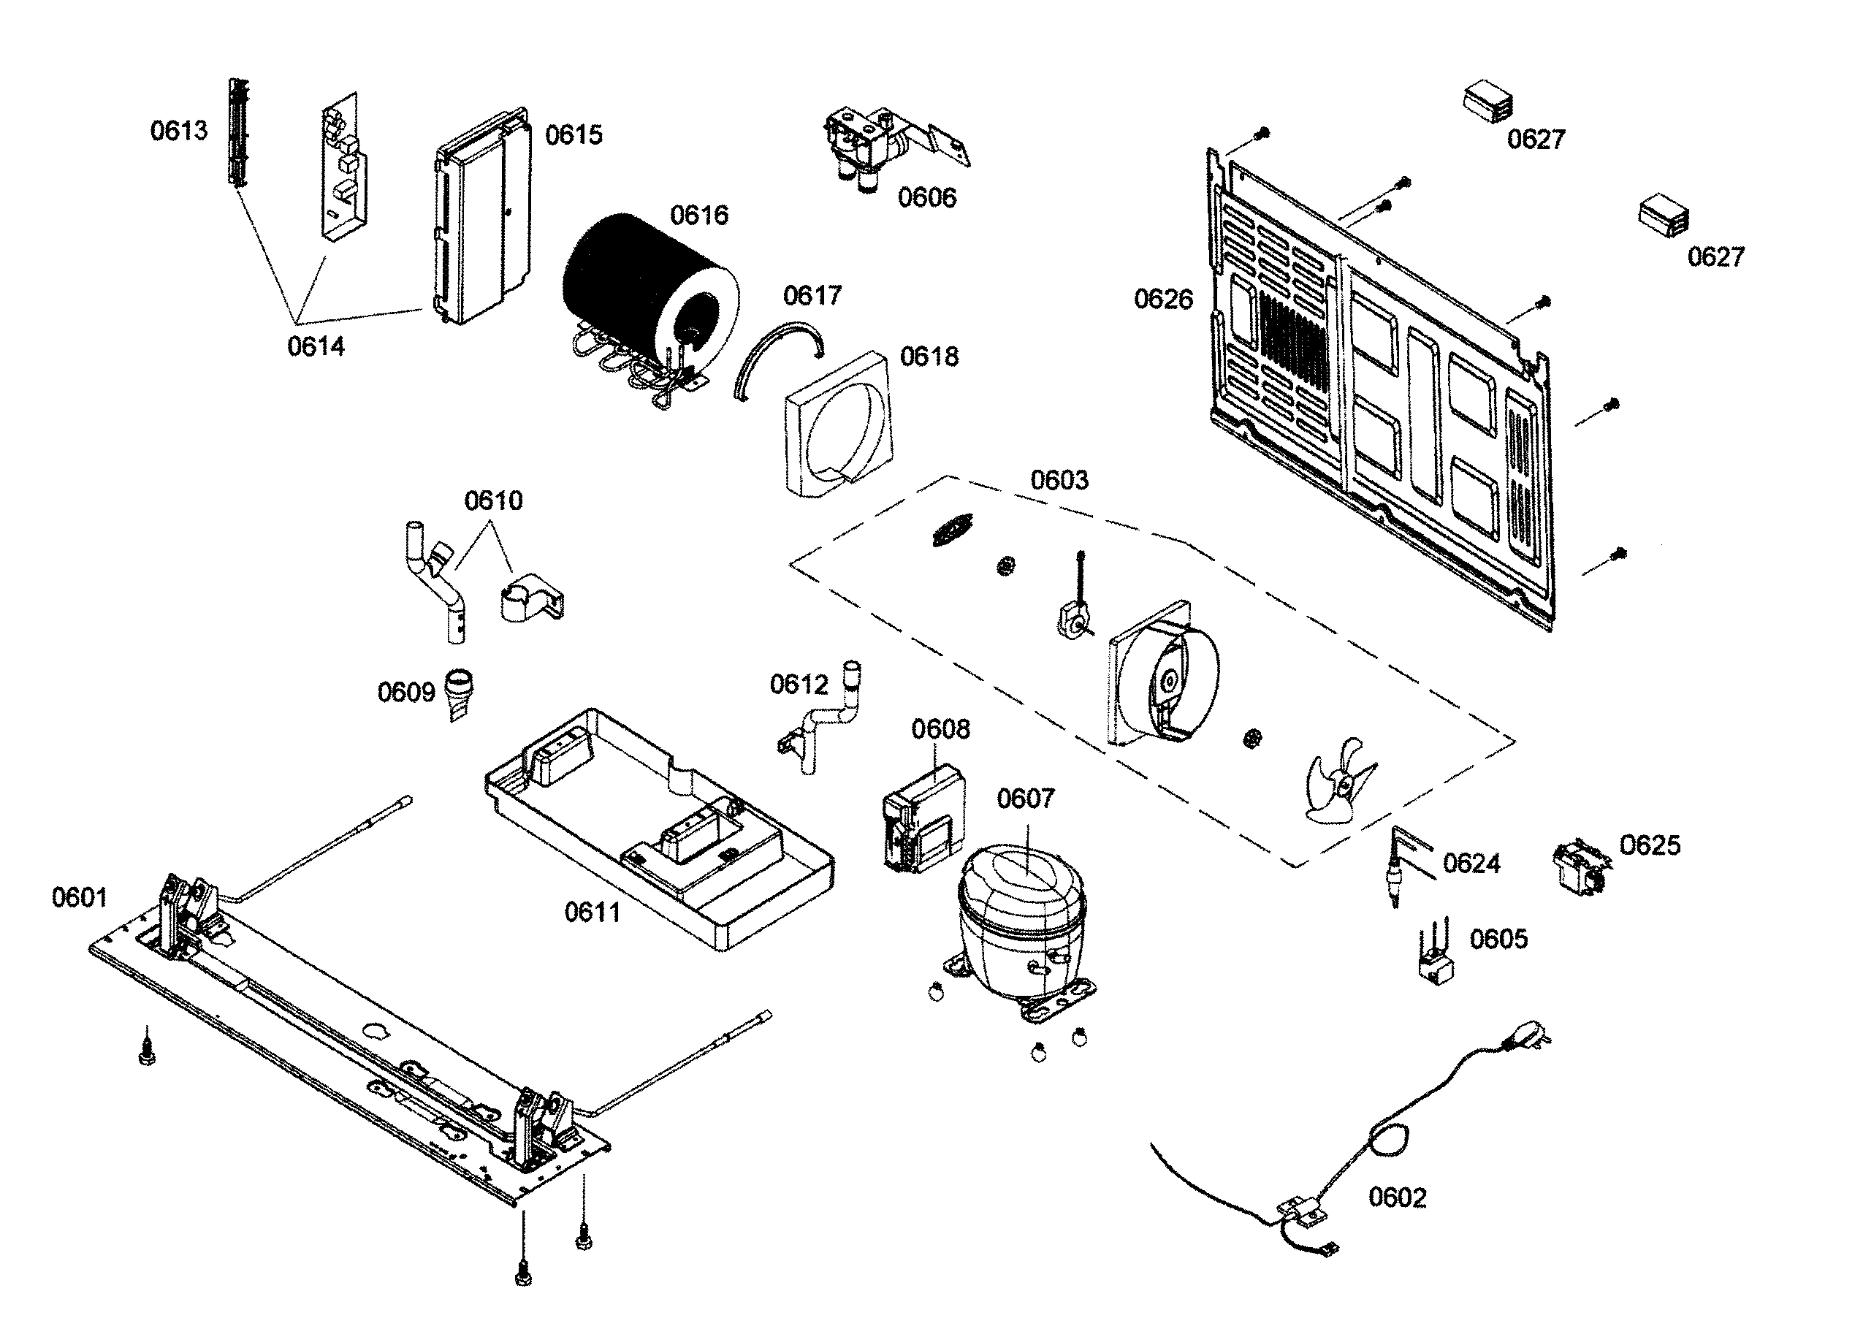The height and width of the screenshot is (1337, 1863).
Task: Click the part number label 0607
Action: click(x=1025, y=799)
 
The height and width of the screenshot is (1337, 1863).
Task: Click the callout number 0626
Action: click(x=1162, y=299)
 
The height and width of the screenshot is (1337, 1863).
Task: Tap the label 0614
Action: click(x=316, y=346)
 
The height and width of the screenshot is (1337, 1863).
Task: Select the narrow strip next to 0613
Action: click(x=238, y=132)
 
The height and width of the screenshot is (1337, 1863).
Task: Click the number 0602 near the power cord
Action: click(x=1396, y=1197)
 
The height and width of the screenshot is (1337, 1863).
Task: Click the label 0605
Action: click(x=1498, y=939)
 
